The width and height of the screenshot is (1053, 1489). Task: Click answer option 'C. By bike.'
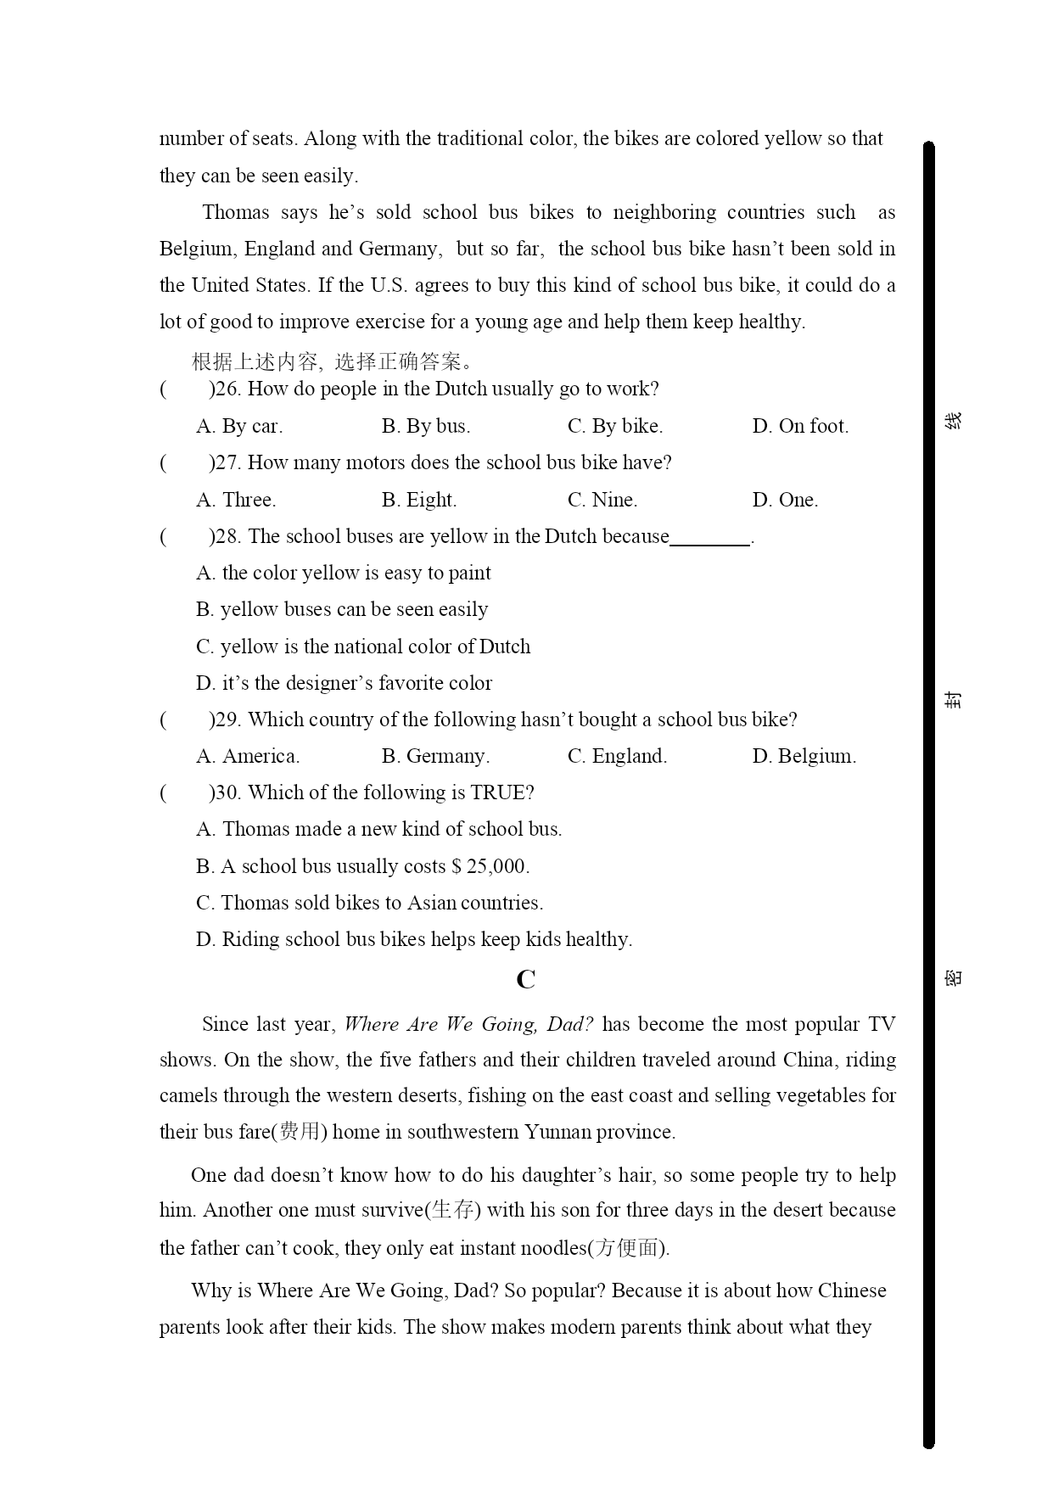[x=614, y=426]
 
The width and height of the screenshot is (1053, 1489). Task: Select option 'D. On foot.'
[x=799, y=426]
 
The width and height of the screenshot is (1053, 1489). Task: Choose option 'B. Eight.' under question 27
[x=419, y=500]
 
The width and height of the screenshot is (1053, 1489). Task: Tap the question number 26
[x=227, y=389]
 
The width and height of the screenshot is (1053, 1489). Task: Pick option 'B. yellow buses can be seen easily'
[x=342, y=609]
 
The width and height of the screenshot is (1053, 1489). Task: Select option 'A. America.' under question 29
[x=248, y=756]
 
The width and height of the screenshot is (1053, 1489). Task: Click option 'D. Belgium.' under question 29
[x=804, y=756]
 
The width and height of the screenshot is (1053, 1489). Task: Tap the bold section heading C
[x=526, y=980]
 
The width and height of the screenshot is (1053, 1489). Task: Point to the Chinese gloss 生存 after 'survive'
[x=452, y=1210]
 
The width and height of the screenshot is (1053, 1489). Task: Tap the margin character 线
[x=954, y=420]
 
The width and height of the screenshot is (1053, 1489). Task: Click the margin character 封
[x=954, y=700]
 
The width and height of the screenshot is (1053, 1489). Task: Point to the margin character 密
[x=954, y=978]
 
